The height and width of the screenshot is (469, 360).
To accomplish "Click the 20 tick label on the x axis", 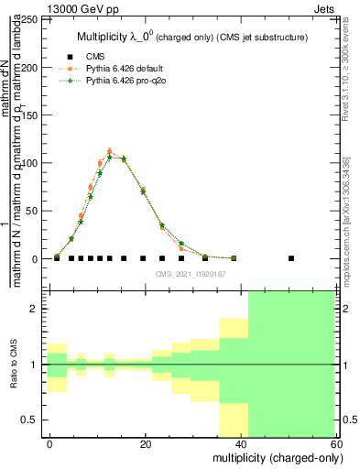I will tap(146, 443).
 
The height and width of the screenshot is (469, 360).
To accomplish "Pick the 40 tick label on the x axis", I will tap(241, 443).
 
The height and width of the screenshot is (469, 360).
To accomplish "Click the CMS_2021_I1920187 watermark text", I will tap(191, 274).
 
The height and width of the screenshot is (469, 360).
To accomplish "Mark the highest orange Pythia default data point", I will tap(109, 152).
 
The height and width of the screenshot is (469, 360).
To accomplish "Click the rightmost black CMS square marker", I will tap(291, 258).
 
